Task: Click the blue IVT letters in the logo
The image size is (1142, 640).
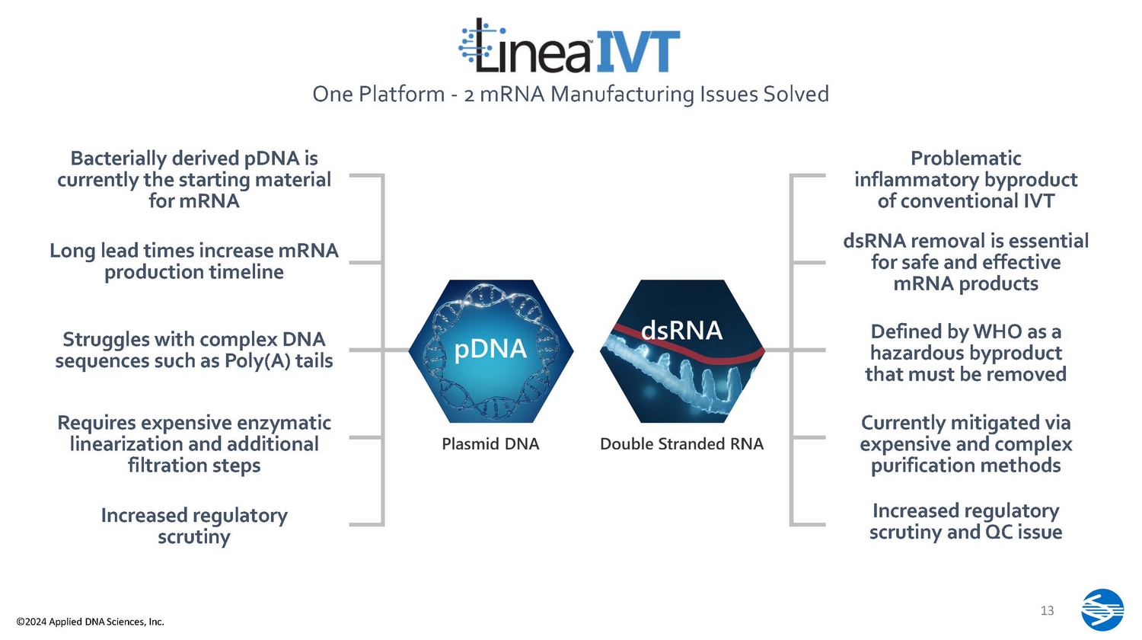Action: click(637, 50)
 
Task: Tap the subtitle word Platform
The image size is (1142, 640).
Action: click(401, 94)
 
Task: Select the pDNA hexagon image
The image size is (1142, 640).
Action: click(491, 350)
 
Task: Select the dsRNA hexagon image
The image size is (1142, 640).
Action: click(682, 350)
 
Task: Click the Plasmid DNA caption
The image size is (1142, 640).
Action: click(490, 443)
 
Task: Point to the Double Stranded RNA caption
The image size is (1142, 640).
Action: click(681, 443)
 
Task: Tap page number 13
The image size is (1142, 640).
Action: click(1047, 610)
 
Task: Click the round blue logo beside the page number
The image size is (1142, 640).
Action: click(1102, 610)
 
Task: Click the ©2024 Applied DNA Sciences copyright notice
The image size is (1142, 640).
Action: click(91, 622)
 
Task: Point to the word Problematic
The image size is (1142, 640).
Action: click(965, 158)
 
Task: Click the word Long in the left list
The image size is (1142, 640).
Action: click(72, 251)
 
